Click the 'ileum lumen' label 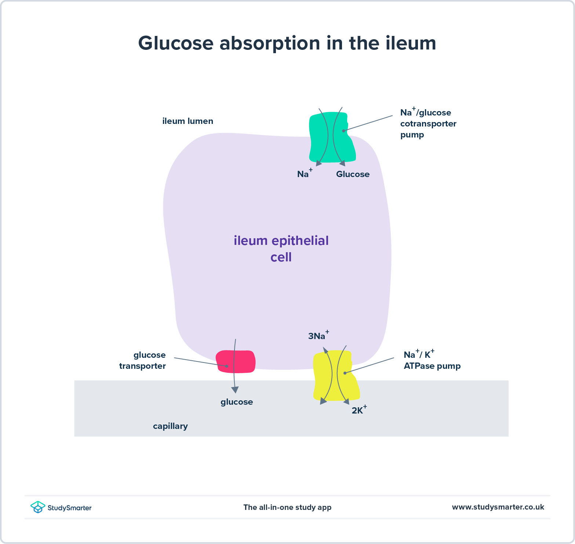pyautogui.click(x=188, y=121)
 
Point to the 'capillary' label pyautogui.click(x=170, y=426)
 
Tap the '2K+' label pyautogui.click(x=359, y=410)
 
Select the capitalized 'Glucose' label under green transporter pyautogui.click(x=353, y=174)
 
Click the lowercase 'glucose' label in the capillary pyautogui.click(x=237, y=402)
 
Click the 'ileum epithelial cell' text pyautogui.click(x=281, y=249)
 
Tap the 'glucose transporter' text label pyautogui.click(x=143, y=360)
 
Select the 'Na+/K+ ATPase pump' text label pyautogui.click(x=432, y=360)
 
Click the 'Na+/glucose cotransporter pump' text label pyautogui.click(x=428, y=124)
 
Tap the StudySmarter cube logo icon pyautogui.click(x=38, y=507)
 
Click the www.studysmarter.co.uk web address pyautogui.click(x=498, y=507)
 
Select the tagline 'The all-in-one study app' pyautogui.click(x=287, y=507)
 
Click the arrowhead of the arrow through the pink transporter pyautogui.click(x=235, y=390)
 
